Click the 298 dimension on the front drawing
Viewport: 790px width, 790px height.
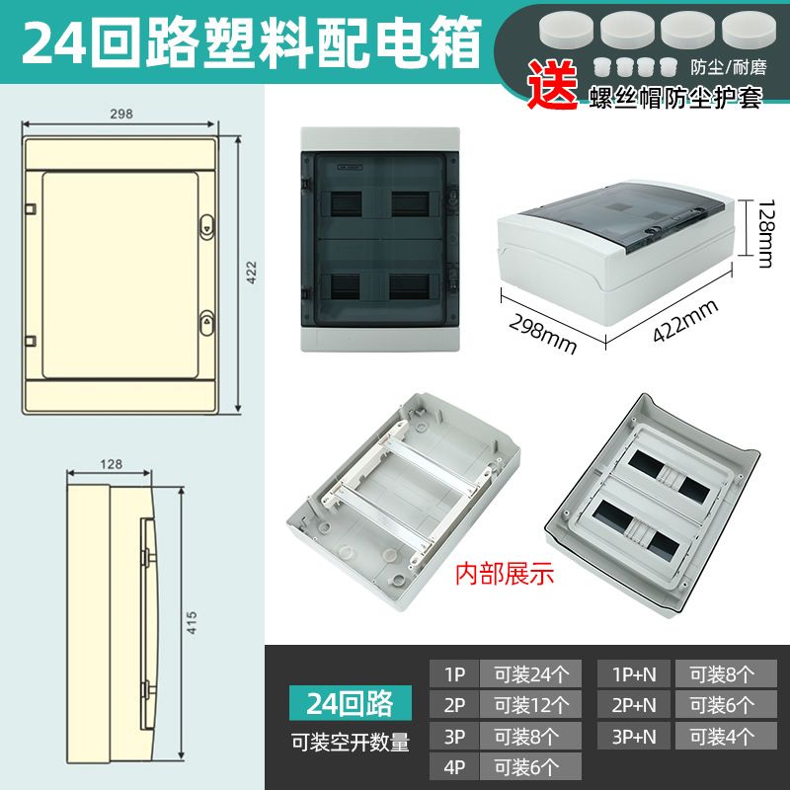point(120,114)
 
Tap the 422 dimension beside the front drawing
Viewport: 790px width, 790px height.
point(251,273)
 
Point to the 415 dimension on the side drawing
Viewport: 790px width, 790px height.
point(192,623)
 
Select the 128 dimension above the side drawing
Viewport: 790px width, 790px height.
point(111,464)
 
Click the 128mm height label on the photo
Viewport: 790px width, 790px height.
point(764,234)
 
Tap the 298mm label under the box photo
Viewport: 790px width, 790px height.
point(542,333)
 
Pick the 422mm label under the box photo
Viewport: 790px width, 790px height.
point(685,321)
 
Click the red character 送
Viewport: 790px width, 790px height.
point(553,84)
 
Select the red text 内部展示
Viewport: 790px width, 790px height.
point(505,575)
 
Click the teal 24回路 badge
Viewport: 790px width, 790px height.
point(351,703)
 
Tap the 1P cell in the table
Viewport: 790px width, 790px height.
point(454,674)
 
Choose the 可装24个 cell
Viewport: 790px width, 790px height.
point(531,674)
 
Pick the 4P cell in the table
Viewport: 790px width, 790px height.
point(454,767)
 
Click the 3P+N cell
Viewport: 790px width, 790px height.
point(634,736)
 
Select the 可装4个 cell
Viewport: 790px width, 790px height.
point(726,736)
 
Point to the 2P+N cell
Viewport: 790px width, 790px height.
point(634,705)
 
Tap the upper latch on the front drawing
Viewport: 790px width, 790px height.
point(207,228)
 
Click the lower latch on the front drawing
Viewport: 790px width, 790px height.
point(207,323)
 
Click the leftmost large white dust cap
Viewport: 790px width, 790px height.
point(566,30)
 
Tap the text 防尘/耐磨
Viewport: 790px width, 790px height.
point(729,67)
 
